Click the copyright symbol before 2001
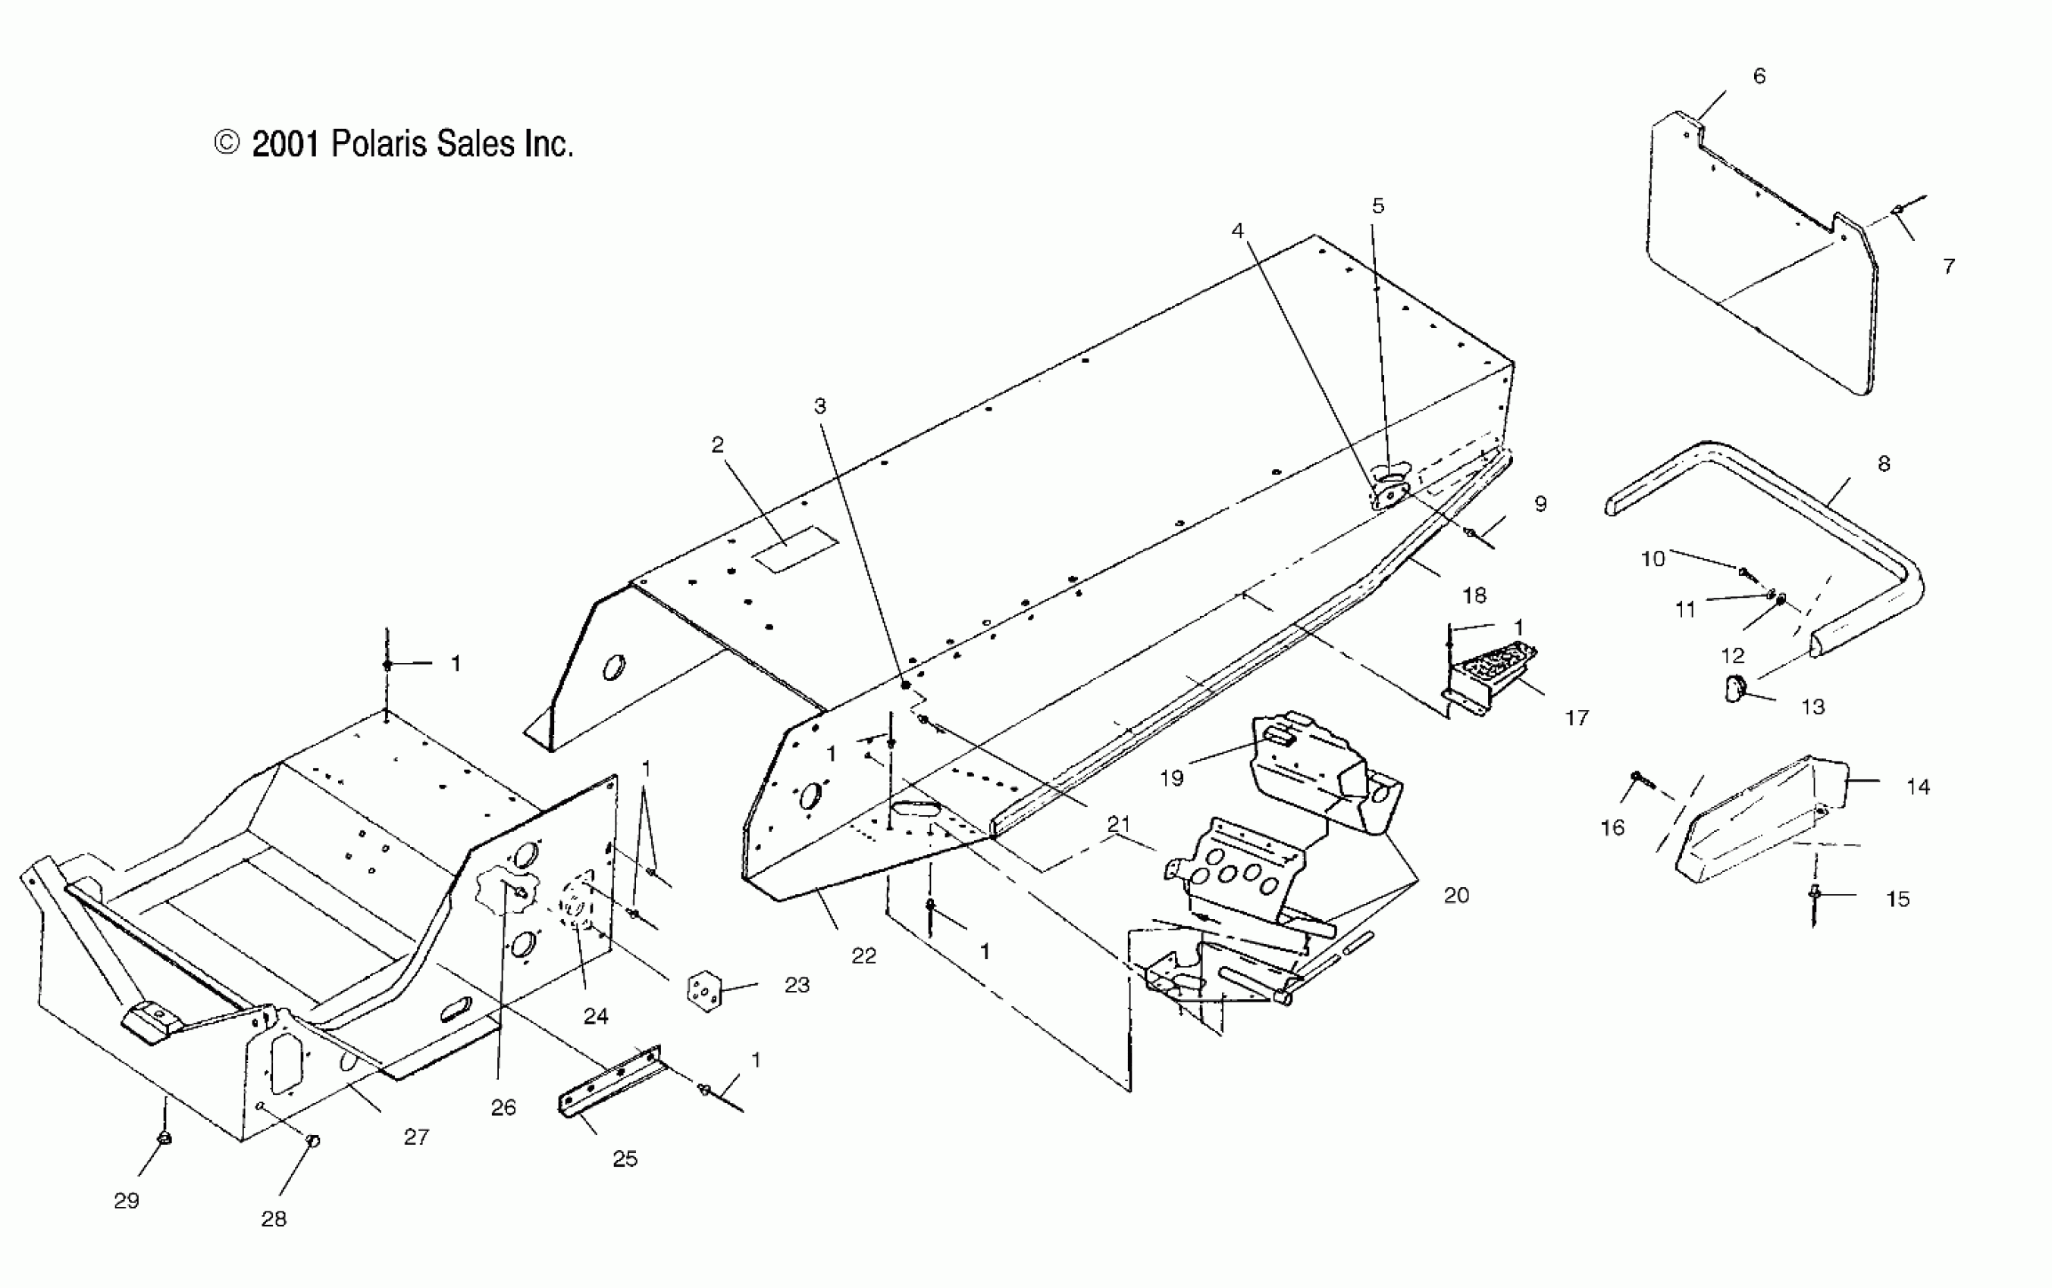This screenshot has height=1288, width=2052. pyautogui.click(x=226, y=143)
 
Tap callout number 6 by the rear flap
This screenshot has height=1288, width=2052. pyautogui.click(x=1759, y=77)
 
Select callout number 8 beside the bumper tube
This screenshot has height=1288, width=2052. pyautogui.click(x=1884, y=464)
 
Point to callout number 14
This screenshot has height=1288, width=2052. pyautogui.click(x=1919, y=787)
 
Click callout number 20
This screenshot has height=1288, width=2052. pyautogui.click(x=1456, y=896)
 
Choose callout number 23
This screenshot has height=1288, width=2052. pyautogui.click(x=797, y=986)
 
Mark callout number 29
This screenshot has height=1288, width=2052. pyautogui.click(x=126, y=1201)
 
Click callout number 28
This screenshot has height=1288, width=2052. pyautogui.click(x=274, y=1220)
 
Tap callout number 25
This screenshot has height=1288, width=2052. pyautogui.click(x=625, y=1159)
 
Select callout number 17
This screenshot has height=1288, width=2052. pyautogui.click(x=1577, y=718)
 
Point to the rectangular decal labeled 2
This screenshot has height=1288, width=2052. pyautogui.click(x=794, y=549)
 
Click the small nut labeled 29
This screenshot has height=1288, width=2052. pyautogui.click(x=165, y=1138)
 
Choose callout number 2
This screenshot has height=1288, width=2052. pyautogui.click(x=718, y=445)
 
